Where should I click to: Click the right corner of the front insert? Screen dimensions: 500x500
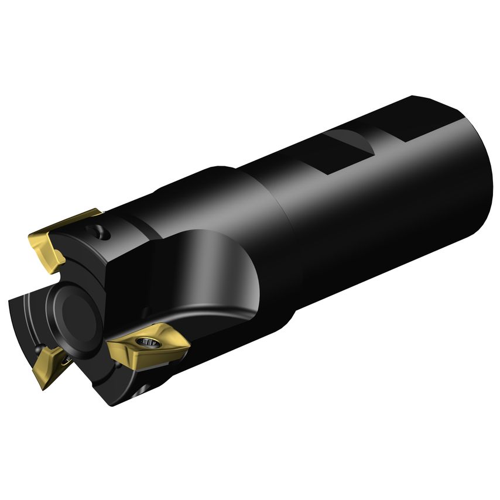pyautogui.click(x=189, y=347)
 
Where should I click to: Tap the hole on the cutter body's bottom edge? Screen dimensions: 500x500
pyautogui.click(x=142, y=389)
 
